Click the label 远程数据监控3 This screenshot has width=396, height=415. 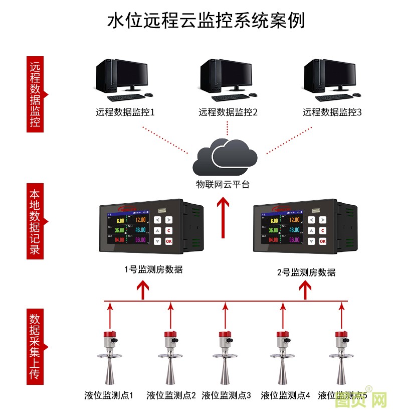(332, 112)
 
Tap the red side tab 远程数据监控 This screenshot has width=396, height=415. (35, 95)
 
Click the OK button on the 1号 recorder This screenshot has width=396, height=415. (168, 241)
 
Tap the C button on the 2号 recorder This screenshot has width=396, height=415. (322, 230)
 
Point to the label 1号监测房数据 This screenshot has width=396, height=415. (153, 269)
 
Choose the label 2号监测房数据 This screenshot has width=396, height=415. (306, 272)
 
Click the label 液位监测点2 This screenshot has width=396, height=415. (171, 395)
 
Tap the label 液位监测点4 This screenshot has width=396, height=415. (286, 395)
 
